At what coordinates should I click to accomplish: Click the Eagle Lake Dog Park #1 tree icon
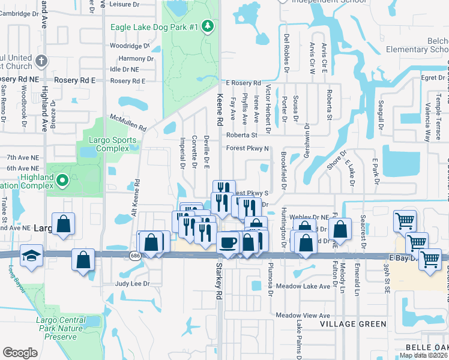pos(207,26)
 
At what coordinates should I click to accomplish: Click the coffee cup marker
pos(227,242)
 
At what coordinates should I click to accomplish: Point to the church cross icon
pos(41,61)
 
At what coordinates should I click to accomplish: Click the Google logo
pos(20,352)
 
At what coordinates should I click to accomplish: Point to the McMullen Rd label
pos(128,124)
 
